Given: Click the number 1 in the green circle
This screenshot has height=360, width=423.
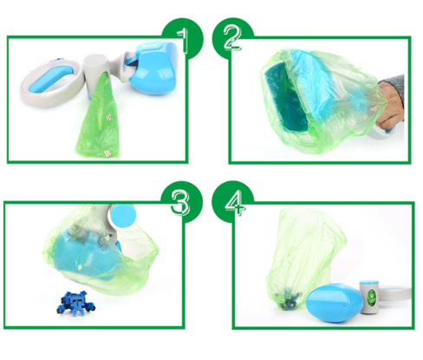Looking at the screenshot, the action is tap(183, 41).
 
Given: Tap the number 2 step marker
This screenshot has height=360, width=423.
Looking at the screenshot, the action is tap(232, 37).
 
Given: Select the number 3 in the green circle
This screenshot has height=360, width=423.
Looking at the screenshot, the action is tap(180, 202).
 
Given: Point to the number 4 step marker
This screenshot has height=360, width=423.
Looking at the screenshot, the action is tap(235, 203).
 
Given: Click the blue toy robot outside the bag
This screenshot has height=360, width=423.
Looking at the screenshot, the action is tap(76, 304).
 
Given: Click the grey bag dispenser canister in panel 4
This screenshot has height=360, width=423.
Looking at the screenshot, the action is tap(369, 297).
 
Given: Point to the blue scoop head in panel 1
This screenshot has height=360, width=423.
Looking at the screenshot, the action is tap(153, 69).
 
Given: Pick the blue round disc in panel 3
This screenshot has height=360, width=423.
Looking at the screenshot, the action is tap(123, 216).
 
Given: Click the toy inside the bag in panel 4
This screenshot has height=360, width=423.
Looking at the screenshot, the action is tap(290, 300).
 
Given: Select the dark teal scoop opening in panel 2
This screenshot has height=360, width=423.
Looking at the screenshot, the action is tap(285, 98).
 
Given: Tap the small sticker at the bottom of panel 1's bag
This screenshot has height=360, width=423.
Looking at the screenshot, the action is tap(107, 154).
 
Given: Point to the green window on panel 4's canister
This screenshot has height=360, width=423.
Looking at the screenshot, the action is tap(370, 298).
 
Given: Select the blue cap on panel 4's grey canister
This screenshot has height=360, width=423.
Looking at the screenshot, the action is tap(369, 283).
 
